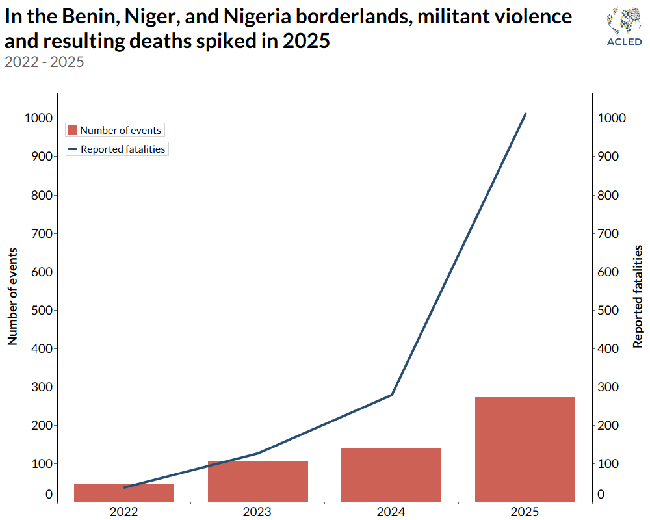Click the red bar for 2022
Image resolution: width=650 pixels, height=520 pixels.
click(124, 493)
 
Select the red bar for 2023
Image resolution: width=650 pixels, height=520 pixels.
click(258, 482)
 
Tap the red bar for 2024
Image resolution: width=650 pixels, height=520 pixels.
click(391, 475)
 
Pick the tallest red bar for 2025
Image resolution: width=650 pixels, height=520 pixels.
click(525, 449)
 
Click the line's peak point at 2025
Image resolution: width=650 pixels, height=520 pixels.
click(525, 114)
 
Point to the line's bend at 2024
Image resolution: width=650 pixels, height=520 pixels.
click(391, 395)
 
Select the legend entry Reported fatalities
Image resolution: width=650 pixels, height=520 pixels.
click(117, 149)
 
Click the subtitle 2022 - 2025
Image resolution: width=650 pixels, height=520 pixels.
click(44, 62)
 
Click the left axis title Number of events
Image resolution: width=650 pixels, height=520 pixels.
click(12, 296)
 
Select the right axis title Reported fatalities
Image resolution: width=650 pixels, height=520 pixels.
click(638, 296)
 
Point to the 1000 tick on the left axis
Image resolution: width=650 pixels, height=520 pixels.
click(38, 118)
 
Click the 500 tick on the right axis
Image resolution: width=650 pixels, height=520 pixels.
click(612, 310)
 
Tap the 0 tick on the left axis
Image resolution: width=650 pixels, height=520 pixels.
click(49, 495)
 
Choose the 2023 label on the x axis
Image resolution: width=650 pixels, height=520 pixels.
click(258, 512)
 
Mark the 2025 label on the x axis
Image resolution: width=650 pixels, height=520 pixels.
click(525, 512)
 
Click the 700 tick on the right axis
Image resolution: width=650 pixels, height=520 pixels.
click(612, 233)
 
